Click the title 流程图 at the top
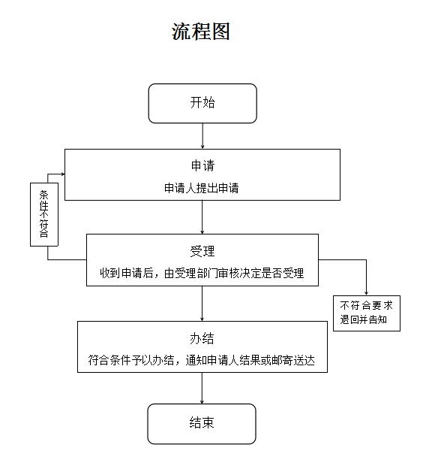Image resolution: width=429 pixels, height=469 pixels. click(x=200, y=32)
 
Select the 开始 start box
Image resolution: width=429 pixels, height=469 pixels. click(x=202, y=103)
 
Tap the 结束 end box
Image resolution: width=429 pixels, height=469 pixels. click(x=202, y=424)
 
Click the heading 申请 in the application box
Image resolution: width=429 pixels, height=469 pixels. click(x=202, y=165)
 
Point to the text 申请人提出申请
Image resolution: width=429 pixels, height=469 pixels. click(x=202, y=188)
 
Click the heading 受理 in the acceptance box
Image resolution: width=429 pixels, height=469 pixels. click(x=202, y=251)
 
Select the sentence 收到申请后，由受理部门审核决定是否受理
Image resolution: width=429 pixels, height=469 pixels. click(x=202, y=273)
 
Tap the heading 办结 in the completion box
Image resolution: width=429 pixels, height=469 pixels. click(x=202, y=338)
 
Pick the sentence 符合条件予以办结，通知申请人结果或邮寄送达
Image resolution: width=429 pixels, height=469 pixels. click(x=202, y=360)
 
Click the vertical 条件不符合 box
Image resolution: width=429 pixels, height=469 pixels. click(x=44, y=214)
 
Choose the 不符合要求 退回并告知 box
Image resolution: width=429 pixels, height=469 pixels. click(x=367, y=313)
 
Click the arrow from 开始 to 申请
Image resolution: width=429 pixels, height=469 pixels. click(x=202, y=136)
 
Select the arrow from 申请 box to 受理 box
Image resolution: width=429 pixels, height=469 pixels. click(x=202, y=217)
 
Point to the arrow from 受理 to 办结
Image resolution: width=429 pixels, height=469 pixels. click(x=202, y=304)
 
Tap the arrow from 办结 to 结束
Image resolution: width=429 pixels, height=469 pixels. click(x=202, y=389)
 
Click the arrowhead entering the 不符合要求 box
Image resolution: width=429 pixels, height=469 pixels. click(x=366, y=293)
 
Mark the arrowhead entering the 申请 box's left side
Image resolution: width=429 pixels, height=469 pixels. click(x=63, y=174)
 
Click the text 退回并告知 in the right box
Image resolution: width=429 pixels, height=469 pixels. click(x=363, y=319)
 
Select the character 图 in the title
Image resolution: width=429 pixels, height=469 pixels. click(x=220, y=32)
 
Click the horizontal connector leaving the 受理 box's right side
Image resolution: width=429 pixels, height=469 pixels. click(x=343, y=259)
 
